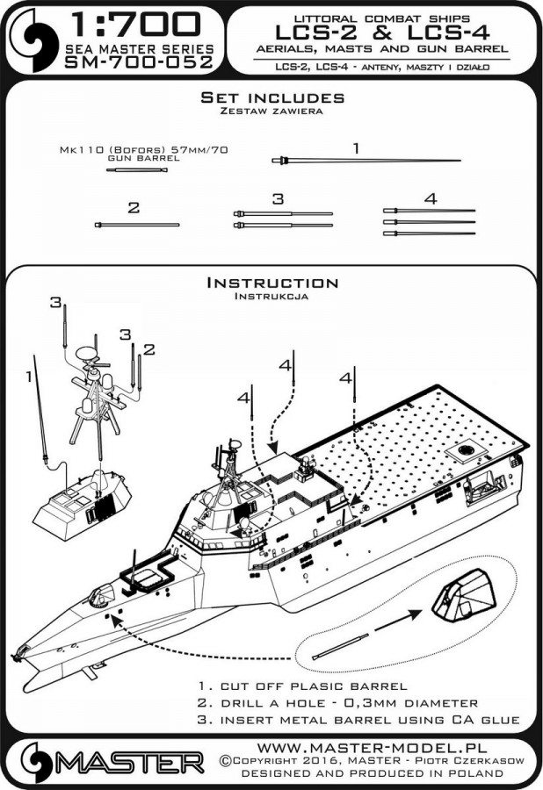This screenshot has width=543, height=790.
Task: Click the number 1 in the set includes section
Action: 356,149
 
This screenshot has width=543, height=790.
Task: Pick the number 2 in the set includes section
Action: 134,208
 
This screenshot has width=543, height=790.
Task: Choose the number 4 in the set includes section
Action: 430,199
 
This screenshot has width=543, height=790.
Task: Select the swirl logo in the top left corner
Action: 26,38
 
